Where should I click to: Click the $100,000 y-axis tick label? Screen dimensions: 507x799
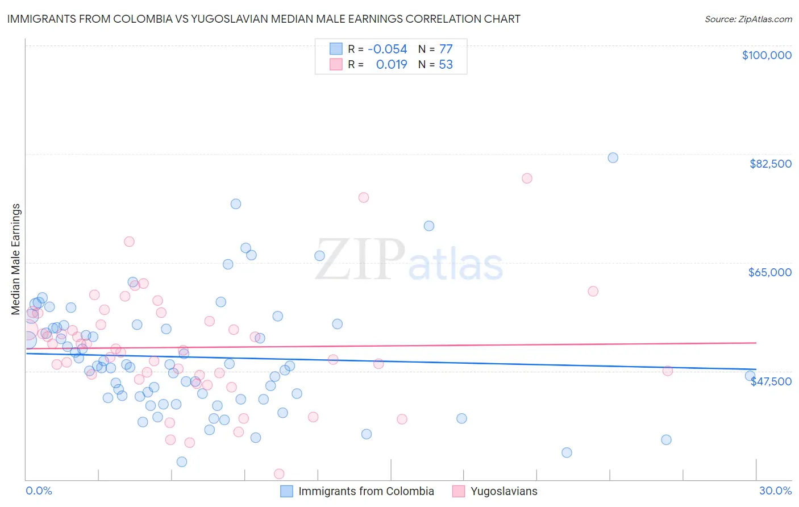(x=767, y=55)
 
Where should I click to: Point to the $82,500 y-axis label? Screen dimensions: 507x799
(x=770, y=164)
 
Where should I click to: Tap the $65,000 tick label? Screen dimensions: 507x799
(x=769, y=272)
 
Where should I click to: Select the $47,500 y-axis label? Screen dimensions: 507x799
(x=771, y=381)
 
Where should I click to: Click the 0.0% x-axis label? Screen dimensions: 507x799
(x=39, y=491)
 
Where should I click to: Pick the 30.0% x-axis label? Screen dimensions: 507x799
(x=775, y=491)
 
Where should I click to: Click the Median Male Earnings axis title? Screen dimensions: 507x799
(x=16, y=259)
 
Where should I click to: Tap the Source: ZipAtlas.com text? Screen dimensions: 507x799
(x=748, y=19)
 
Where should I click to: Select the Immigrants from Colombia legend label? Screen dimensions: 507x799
(x=366, y=491)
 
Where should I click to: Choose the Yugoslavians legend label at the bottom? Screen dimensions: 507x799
(x=503, y=491)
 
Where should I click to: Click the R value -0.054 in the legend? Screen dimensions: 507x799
(x=388, y=49)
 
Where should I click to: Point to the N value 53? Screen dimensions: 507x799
(x=446, y=64)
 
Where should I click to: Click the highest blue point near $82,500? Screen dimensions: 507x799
(x=613, y=157)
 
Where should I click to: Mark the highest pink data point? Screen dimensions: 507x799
(x=527, y=178)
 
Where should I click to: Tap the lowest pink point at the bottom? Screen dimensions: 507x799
(x=279, y=473)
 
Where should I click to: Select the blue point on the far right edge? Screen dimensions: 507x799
(x=750, y=376)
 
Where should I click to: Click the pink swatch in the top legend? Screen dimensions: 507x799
(x=336, y=64)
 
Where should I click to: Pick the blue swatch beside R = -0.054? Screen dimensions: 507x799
(x=336, y=49)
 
